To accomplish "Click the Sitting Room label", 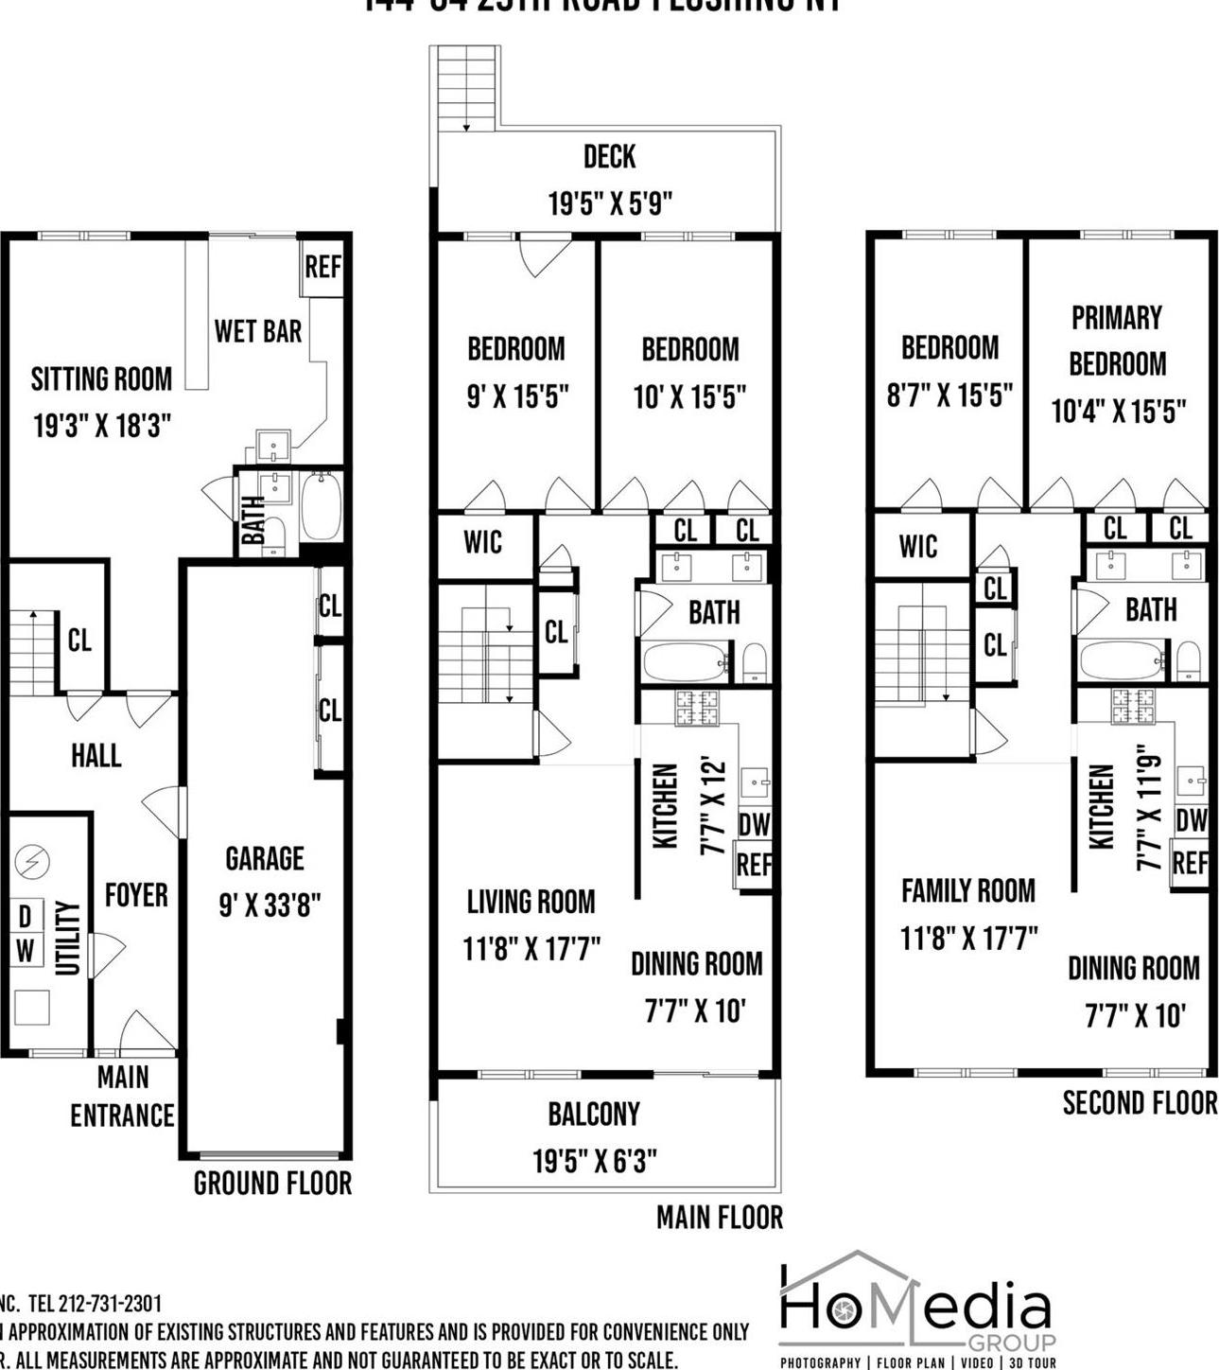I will click(101, 379).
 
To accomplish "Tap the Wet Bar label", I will click(257, 331).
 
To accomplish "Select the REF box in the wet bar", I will click(322, 268).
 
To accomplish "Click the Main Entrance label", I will click(123, 1097).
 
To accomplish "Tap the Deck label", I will click(609, 156).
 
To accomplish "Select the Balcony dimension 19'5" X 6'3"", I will click(595, 1160).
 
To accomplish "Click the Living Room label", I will click(531, 902).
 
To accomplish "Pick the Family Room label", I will click(967, 890).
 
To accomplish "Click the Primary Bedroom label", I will click(1117, 341).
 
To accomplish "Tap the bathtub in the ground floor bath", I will click(321, 506).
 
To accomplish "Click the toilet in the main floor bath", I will click(754, 661).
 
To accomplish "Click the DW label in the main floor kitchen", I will click(754, 825).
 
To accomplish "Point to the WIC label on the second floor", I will click(917, 546).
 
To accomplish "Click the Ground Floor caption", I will click(272, 1183).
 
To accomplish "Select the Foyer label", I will click(136, 895).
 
